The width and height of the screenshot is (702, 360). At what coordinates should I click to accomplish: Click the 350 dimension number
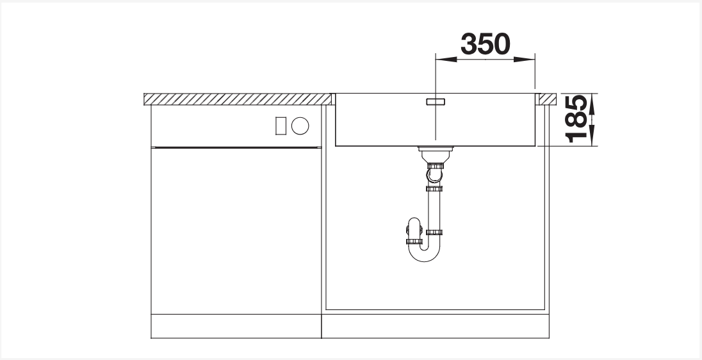coord(486,44)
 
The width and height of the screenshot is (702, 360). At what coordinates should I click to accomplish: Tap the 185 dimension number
coord(576,119)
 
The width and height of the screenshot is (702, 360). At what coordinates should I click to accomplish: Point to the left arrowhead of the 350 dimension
coord(446,59)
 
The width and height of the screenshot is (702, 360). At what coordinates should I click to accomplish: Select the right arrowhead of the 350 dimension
coord(525,59)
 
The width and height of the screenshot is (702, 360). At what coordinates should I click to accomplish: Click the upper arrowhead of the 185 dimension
coord(592,104)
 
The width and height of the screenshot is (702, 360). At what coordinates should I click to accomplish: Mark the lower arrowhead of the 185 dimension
coord(592,136)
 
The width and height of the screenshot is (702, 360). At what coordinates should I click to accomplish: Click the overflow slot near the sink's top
coord(436,102)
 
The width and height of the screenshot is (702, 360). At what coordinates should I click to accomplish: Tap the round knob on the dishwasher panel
coord(300,126)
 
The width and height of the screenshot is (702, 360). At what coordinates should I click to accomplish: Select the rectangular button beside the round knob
coord(281,126)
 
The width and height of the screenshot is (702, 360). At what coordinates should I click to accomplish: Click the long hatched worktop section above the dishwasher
coord(237,99)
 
